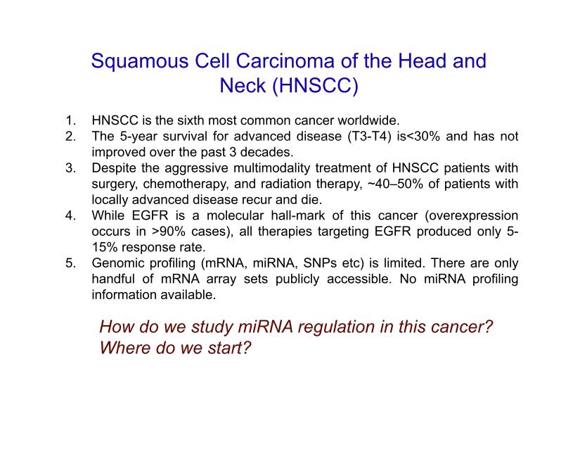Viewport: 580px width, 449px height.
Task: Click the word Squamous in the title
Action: [x=139, y=61]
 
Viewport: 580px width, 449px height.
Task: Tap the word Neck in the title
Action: [x=243, y=85]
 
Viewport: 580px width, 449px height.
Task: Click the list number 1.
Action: [x=70, y=120]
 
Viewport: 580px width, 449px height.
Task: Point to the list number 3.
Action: [x=70, y=168]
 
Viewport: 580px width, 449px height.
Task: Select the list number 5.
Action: [x=70, y=263]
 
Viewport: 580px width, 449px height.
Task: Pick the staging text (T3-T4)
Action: [x=369, y=137]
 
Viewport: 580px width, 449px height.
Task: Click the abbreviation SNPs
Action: [x=320, y=263]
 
